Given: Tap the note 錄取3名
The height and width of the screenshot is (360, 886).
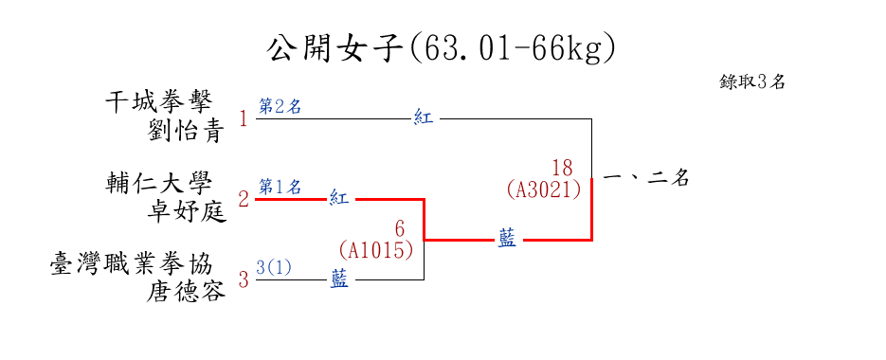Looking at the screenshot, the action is coord(752,81).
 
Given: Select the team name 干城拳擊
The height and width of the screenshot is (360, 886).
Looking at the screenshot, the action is coord(159,103).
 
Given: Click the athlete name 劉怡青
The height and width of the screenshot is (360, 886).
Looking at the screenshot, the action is coord(186,132).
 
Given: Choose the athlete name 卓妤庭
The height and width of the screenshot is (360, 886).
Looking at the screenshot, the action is coord(186,212).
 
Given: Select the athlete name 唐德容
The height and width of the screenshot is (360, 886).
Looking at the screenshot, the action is coord(186,292).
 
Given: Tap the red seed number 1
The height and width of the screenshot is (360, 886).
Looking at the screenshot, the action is coord(244,119).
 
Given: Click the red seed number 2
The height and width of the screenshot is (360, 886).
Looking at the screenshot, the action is coord(244,200).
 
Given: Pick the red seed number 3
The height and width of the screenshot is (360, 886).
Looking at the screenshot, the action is coord(244,279).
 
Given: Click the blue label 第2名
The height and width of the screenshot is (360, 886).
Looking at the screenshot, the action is coord(280,107).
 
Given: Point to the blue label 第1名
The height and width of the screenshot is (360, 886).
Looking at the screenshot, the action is coord(280,187).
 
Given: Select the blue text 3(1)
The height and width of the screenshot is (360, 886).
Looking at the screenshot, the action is coord(274,267).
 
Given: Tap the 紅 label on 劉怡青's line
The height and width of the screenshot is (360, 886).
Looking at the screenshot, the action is coord(424,118).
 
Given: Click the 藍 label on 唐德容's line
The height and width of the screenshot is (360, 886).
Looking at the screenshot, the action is coord(339,279).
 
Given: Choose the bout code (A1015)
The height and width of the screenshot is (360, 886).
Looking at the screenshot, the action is coord(376,250).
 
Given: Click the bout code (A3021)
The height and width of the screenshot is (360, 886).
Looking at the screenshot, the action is coord(544,189).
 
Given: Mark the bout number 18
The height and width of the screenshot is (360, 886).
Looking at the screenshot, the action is coord(562,168).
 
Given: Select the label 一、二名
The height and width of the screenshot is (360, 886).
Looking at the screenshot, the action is coord(646,179).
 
